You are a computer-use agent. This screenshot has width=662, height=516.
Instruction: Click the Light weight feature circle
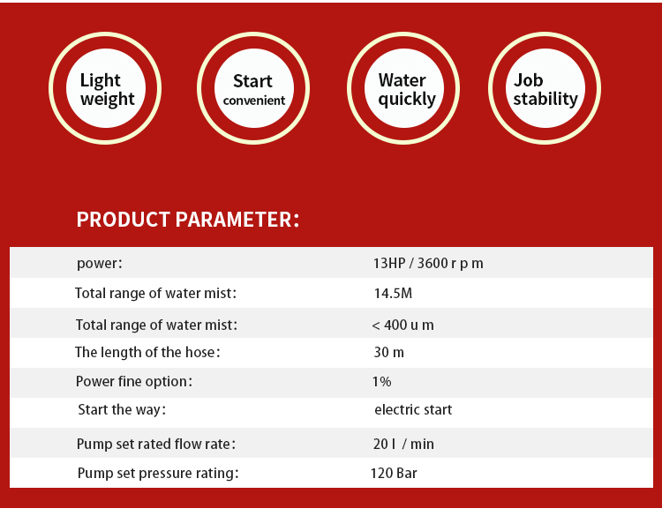tap(105, 88)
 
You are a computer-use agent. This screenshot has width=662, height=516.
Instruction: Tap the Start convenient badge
tap(253, 88)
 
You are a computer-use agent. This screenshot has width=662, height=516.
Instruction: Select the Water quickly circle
tap(403, 88)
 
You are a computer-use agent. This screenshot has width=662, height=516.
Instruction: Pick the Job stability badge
tap(545, 88)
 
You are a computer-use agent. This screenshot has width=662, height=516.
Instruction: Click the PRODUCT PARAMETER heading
tap(188, 220)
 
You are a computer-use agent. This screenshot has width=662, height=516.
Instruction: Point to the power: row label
tap(100, 264)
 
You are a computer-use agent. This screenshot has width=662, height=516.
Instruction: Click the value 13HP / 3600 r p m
tap(428, 263)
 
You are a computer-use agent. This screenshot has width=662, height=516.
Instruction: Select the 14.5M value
tap(393, 293)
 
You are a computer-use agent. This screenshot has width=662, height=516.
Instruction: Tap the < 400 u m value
tap(402, 325)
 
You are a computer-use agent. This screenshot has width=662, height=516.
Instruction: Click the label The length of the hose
tap(147, 352)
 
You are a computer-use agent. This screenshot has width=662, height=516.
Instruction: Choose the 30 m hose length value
tap(389, 352)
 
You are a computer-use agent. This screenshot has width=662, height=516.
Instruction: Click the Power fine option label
tap(134, 381)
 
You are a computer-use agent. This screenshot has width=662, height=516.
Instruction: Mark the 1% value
tap(381, 381)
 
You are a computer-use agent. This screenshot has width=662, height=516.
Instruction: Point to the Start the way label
tap(122, 409)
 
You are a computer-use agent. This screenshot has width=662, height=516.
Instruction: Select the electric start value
tap(413, 409)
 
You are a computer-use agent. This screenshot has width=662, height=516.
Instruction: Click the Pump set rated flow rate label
tap(156, 444)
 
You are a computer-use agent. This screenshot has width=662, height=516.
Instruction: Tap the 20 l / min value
tap(403, 444)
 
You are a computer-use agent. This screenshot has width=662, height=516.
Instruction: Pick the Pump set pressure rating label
tap(158, 474)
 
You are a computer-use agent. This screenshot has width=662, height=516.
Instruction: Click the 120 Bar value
tap(394, 473)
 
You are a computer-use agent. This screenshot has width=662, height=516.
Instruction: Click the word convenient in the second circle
tap(254, 101)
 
